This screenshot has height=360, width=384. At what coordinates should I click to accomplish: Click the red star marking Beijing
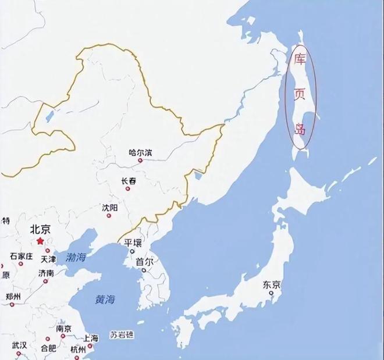[40, 240]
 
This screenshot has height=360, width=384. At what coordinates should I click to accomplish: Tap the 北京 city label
[41, 229]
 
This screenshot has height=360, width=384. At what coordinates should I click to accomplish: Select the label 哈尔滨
[140, 152]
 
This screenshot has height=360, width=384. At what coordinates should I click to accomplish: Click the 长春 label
[129, 181]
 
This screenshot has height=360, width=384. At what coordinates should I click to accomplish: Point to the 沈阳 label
[110, 207]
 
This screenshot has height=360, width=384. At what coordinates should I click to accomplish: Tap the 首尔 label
[144, 262]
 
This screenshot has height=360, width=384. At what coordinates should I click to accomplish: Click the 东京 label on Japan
[272, 285]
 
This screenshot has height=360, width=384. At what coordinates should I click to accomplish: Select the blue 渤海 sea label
[76, 256]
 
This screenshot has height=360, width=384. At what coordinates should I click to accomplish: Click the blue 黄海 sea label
[105, 300]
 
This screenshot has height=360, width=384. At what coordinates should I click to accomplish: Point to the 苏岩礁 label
[122, 336]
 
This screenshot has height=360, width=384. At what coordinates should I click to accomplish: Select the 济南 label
[46, 273]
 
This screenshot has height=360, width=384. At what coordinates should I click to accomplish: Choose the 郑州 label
[13, 297]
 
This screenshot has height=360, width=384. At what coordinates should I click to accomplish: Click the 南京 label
[63, 329]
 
